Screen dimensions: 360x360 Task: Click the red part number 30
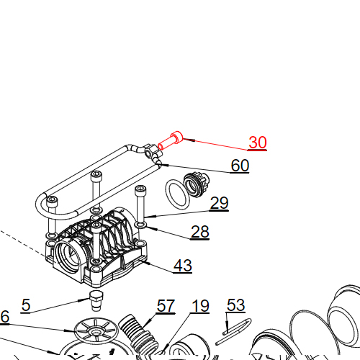pyautogui.click(x=258, y=143)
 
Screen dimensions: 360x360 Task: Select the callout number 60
pyautogui.click(x=240, y=166)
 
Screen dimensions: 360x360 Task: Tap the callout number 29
pyautogui.click(x=219, y=204)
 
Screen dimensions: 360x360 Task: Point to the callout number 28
pyautogui.click(x=199, y=231)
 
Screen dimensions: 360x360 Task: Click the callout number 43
pyautogui.click(x=183, y=266)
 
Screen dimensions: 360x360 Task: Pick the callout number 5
pyautogui.click(x=26, y=305)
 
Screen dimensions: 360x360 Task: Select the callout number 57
pyautogui.click(x=166, y=306)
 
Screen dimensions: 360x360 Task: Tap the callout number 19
pyautogui.click(x=199, y=306)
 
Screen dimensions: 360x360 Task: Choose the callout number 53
pyautogui.click(x=235, y=305)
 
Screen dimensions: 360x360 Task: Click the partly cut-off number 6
pyautogui.click(x=4, y=316)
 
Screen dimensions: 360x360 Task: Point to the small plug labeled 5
pyautogui.click(x=96, y=299)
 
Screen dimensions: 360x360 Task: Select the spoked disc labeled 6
pyautogui.click(x=94, y=330)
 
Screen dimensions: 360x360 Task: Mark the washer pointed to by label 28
pyautogui.click(x=141, y=225)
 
